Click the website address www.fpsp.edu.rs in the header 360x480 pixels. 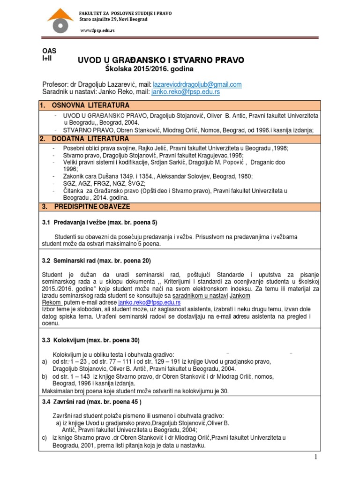(97, 30)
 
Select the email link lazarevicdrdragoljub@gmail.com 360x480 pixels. (197, 84)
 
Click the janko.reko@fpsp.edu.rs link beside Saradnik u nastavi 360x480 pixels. (185, 92)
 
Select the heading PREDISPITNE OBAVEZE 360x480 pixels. (93, 206)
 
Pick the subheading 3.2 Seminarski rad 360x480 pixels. (96, 260)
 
